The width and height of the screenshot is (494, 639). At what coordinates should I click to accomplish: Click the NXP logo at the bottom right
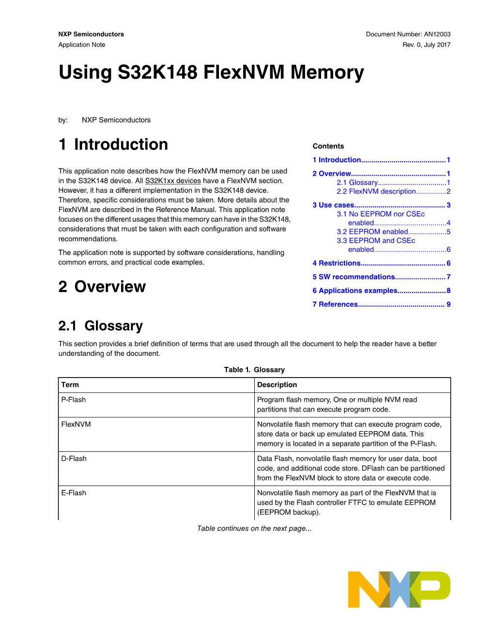pos(399,589)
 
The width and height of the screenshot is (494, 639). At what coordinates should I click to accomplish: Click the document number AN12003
pos(437,34)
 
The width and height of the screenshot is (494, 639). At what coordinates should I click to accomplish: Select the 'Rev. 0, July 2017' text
pos(426,45)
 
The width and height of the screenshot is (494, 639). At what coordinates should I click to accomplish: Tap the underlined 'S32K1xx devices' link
pos(173,181)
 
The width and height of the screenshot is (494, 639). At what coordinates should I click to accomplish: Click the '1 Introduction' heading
pos(113,145)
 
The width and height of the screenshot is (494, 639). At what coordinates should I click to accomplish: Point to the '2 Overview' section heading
pos(102,287)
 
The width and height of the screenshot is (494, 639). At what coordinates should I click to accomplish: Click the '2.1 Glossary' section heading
pos(101,326)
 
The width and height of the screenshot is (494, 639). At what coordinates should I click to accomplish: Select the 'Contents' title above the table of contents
pos(328,146)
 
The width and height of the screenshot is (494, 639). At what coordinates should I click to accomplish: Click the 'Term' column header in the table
pos(70,385)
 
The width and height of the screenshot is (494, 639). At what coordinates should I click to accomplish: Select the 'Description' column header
pos(277,385)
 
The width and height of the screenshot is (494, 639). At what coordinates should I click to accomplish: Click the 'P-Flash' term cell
pos(74,400)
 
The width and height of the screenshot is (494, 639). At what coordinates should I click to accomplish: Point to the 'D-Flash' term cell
pos(74,459)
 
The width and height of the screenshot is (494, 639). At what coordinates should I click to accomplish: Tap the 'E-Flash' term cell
pos(74,493)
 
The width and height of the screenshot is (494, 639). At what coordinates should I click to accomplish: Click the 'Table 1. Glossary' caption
pos(254,370)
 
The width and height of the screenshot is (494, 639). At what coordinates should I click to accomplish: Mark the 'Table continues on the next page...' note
pos(254,529)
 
